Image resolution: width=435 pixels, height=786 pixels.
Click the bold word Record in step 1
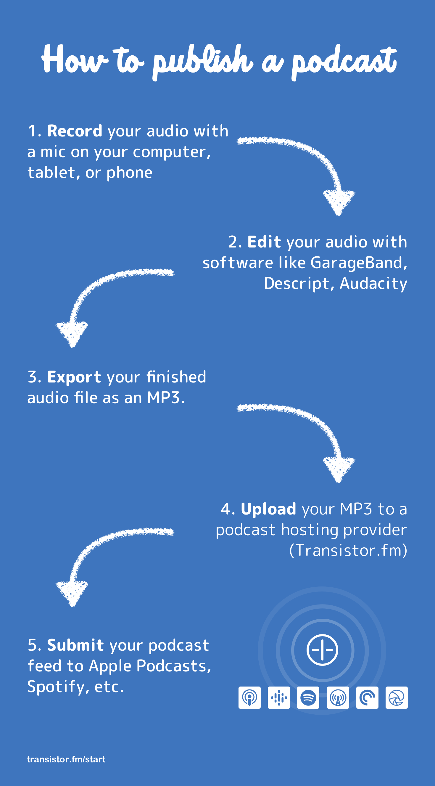click(75, 131)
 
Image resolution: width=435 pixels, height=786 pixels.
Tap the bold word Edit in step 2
click(264, 242)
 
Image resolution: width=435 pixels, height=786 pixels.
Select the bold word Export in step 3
click(74, 377)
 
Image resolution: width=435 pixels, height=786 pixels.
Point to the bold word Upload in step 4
click(268, 509)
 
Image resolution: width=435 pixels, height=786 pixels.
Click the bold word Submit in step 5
click(75, 645)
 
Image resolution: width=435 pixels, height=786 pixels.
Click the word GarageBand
click(358, 263)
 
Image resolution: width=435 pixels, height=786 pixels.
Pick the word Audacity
click(373, 284)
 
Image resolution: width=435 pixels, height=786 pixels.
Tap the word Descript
click(297, 284)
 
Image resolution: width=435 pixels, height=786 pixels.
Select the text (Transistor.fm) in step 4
click(348, 551)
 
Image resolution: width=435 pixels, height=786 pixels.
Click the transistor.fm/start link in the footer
click(66, 759)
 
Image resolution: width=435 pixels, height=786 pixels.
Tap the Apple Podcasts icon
click(249, 698)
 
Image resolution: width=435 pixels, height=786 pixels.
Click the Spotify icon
click(308, 698)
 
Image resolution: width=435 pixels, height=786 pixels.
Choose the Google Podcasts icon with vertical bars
click(279, 698)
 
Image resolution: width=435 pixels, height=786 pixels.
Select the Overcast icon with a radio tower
click(338, 698)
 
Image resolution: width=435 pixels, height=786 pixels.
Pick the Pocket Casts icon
click(367, 698)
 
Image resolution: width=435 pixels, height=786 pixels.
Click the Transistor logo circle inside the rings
click(322, 650)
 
